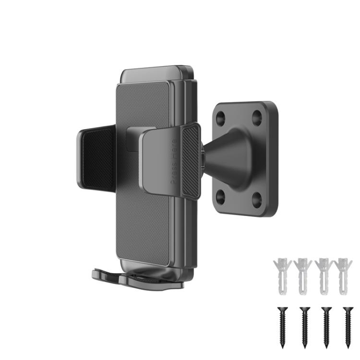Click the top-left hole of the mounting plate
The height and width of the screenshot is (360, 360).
pyautogui.click(x=222, y=117)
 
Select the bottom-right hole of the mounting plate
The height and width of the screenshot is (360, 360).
pyautogui.click(x=257, y=197)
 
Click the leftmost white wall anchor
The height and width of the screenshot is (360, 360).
pyautogui.click(x=282, y=276)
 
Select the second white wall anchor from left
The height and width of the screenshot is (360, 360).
pyautogui.click(x=303, y=276)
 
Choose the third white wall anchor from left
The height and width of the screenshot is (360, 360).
pyautogui.click(x=324, y=276)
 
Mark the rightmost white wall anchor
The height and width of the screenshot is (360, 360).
pyautogui.click(x=344, y=276)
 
